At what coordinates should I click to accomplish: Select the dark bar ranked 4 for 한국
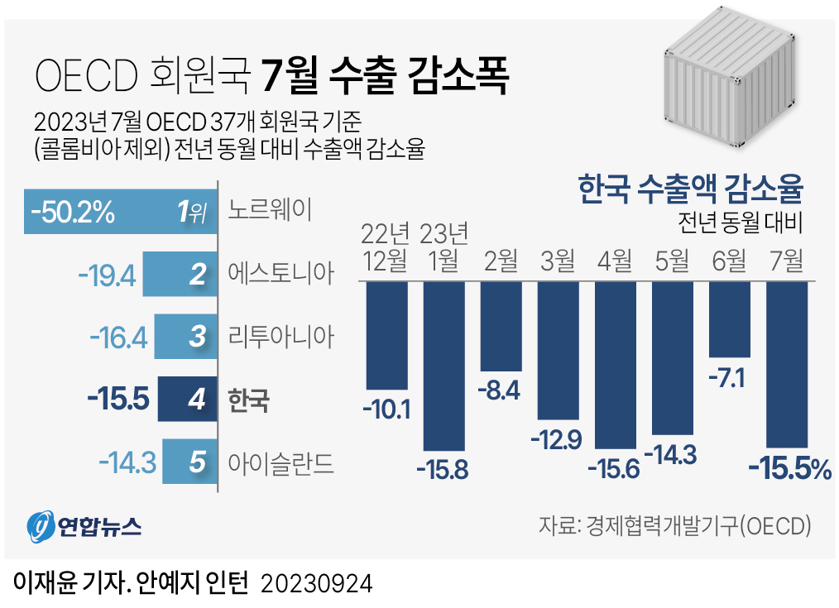point(188,400)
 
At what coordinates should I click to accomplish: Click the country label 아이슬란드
point(280,462)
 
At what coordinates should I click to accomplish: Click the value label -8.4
point(501,390)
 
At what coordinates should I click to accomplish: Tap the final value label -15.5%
point(789,469)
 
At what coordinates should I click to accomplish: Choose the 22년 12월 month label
point(386,247)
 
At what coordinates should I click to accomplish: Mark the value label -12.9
point(559,440)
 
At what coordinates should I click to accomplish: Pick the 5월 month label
point(673,261)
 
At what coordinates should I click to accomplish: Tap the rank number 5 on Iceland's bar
point(196,462)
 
